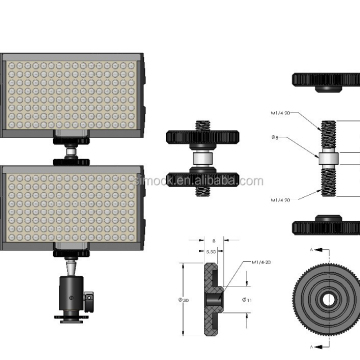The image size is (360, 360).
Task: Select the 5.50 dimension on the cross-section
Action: [x=211, y=252]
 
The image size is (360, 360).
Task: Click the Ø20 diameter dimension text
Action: [x=186, y=298]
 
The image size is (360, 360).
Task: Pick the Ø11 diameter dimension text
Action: [x=249, y=299]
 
